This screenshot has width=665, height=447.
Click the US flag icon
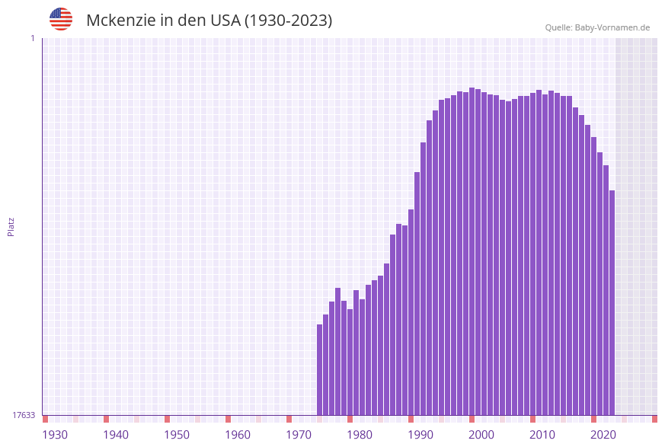pos(61,19)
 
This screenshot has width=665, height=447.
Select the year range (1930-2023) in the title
pos(288,21)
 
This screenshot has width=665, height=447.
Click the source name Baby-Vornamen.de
pos(612,27)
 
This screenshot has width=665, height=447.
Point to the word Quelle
pos(558,27)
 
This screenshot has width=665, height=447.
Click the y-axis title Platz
pos(11,227)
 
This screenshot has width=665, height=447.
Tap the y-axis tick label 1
pos(32,38)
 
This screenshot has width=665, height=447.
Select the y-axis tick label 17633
pos(24,415)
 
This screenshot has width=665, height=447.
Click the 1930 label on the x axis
pos(55,435)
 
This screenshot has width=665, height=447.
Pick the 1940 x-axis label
pos(116,435)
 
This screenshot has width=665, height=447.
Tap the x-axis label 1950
pos(177,435)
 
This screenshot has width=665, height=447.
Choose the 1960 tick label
pos(238,435)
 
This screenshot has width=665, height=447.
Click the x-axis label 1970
pos(299,435)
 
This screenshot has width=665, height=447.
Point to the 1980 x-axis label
pos(360,435)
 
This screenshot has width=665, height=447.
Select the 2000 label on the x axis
pos(481,435)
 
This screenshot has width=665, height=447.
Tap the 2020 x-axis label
pos(603,435)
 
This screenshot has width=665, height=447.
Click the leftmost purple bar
pos(320,369)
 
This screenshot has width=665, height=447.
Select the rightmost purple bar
pos(612,302)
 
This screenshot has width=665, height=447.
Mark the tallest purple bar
pos(472,251)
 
